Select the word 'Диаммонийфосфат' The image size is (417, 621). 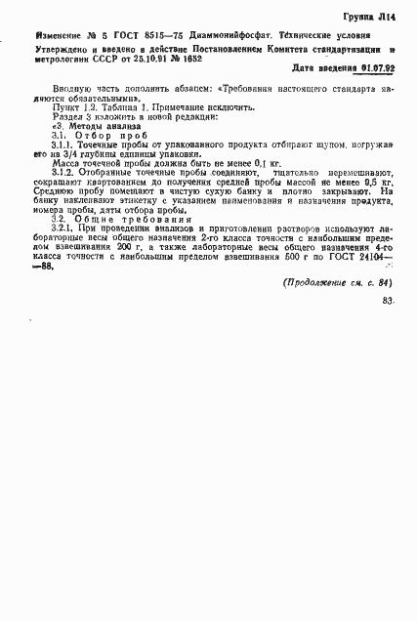point(221,36)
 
